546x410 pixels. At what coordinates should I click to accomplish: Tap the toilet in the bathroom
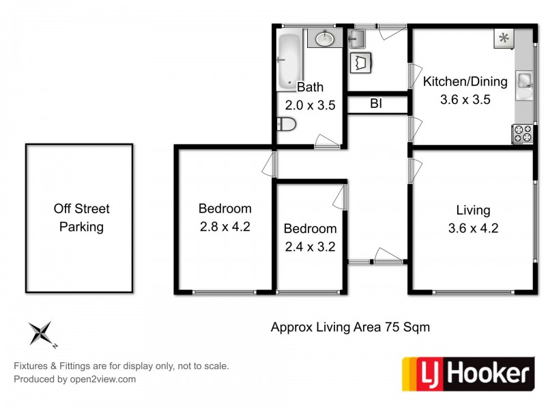pyautogui.click(x=286, y=124)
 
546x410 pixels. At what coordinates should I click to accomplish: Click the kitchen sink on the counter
pyautogui.click(x=524, y=81)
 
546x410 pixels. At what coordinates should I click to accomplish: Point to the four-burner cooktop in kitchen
pyautogui.click(x=522, y=133)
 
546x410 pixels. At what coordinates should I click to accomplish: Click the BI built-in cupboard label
pyautogui.click(x=375, y=104)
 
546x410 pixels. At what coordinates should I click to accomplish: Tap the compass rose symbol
pyautogui.click(x=42, y=333)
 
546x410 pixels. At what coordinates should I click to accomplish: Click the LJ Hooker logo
pyautogui.click(x=467, y=373)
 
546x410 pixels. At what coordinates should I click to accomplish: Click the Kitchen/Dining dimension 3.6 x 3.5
pyautogui.click(x=465, y=98)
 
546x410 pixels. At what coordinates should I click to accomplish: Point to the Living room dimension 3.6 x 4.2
pyautogui.click(x=473, y=228)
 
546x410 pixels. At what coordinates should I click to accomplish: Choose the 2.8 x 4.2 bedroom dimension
pyautogui.click(x=225, y=226)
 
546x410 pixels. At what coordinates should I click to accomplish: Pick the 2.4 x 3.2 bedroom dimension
pyautogui.click(x=310, y=246)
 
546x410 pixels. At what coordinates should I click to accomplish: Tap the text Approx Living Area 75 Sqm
pyautogui.click(x=350, y=327)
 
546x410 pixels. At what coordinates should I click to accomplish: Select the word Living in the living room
pyautogui.click(x=473, y=210)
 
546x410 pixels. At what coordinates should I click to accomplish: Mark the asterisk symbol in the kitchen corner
pyautogui.click(x=504, y=38)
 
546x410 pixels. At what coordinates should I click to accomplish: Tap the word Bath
pyautogui.click(x=310, y=87)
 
